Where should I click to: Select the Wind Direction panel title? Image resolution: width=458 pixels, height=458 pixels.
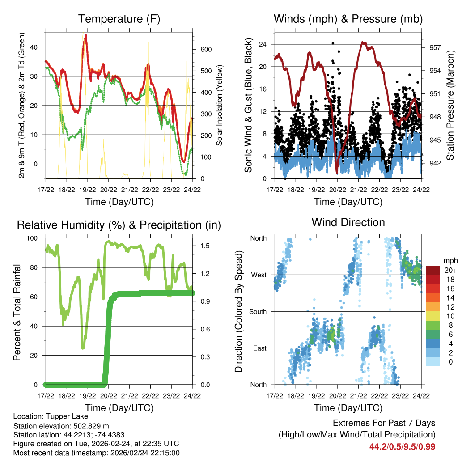click(x=348, y=222)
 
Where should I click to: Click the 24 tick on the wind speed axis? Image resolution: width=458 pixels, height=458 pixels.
click(x=263, y=44)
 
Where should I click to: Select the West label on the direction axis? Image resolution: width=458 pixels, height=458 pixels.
click(x=258, y=275)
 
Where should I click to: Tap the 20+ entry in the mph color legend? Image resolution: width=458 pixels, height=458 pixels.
click(x=449, y=270)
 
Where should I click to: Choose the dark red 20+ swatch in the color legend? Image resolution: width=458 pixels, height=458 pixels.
click(x=433, y=270)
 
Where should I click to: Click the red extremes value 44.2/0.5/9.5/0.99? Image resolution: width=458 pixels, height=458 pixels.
click(x=402, y=446)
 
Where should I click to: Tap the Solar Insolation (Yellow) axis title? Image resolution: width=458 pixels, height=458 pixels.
click(x=220, y=106)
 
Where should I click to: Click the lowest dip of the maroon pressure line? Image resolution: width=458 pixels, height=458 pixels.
click(x=337, y=173)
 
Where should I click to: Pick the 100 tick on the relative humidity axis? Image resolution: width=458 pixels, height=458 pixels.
click(x=36, y=238)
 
